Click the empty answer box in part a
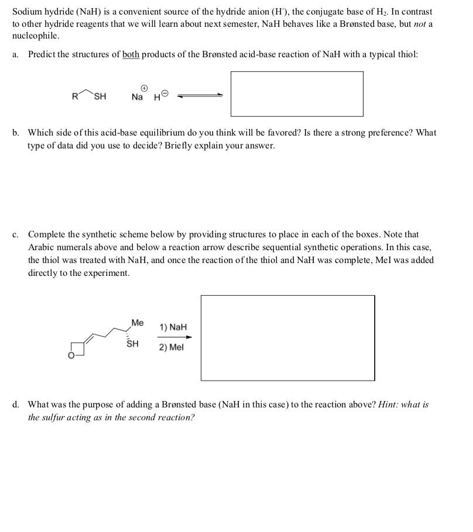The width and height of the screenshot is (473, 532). [296, 94]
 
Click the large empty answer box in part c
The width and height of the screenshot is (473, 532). [287, 338]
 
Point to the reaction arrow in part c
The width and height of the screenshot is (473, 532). [173, 337]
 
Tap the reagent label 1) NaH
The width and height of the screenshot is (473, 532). [173, 327]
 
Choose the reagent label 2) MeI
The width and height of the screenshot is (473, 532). [171, 347]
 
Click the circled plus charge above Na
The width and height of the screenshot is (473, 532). [138, 85]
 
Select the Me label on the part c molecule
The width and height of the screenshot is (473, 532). [137, 322]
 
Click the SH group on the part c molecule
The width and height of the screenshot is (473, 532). [133, 344]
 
